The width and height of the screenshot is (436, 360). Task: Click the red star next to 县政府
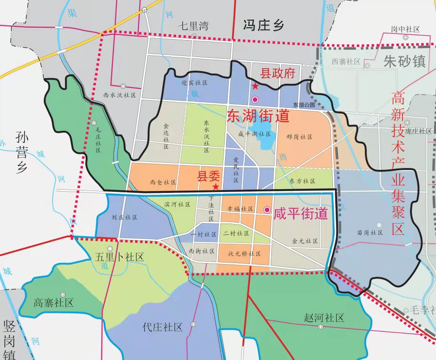tap(255, 86)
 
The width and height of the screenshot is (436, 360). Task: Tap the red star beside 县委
tap(215, 187)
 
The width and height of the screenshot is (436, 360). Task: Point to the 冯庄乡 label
tap(264, 25)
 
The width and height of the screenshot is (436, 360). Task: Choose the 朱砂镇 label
tap(404, 62)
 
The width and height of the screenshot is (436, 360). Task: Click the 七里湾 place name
tap(193, 26)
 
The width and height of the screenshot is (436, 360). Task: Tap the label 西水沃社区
tap(120, 95)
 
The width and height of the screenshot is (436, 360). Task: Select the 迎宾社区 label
tap(194, 82)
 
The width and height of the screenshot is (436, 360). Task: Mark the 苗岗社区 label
tap(369, 232)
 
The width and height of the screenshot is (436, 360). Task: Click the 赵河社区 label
tap(324, 318)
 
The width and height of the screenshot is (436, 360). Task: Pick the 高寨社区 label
tap(53, 303)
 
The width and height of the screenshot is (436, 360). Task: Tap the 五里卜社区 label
tap(119, 257)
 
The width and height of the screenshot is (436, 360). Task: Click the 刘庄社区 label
tap(124, 217)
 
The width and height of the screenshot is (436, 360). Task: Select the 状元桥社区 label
tap(244, 253)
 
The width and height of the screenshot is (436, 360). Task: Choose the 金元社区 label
tap(305, 241)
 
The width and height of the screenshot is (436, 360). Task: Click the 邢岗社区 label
tap(299, 137)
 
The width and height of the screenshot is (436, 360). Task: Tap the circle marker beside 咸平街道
tap(267, 210)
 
